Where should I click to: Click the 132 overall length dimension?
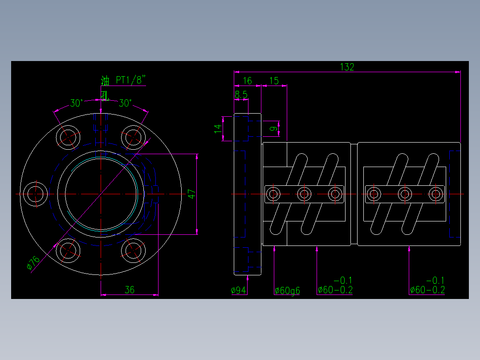(347, 67)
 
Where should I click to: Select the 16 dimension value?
(247, 81)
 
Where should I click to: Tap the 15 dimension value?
(274, 81)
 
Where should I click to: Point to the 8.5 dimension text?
(241, 94)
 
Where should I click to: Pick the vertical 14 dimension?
(218, 127)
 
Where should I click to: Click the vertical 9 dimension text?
(274, 128)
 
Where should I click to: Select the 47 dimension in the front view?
(191, 194)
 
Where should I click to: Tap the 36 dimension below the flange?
(129, 290)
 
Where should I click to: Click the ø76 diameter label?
(33, 263)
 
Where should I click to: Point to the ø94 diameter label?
(239, 290)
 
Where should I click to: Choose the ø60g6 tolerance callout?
(287, 291)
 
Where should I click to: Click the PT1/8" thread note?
(130, 80)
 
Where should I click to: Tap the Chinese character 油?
(105, 81)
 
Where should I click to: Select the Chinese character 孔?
(104, 94)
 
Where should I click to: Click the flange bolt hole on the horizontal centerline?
(35, 194)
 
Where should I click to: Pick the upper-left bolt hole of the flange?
(68, 136)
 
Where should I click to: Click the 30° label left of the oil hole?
(77, 103)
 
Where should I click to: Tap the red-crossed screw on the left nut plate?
(335, 194)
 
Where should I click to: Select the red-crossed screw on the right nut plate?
(436, 194)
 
